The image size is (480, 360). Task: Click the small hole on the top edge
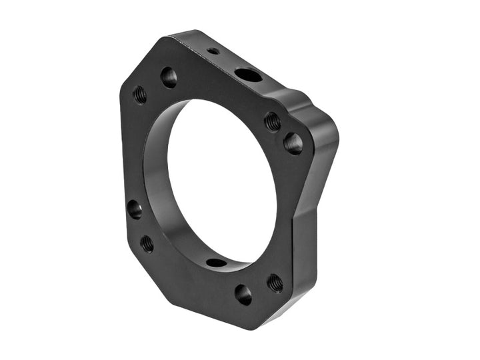coord(213,51)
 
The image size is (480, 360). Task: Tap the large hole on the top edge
coord(248,75)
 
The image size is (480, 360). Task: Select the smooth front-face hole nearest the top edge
coord(169,77)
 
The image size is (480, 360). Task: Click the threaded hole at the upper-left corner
coord(140,94)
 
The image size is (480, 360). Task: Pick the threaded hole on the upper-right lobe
coord(272,121)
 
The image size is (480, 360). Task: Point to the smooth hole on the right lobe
coord(293,142)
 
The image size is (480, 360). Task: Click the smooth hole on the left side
coord(135,209)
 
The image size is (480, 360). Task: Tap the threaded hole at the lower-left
coord(147,243)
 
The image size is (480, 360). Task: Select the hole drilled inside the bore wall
coord(215,262)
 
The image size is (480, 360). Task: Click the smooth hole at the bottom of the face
coord(243,294)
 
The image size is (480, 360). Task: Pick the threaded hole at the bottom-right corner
coord(275,283)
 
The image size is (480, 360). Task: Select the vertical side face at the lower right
coord(304,260)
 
